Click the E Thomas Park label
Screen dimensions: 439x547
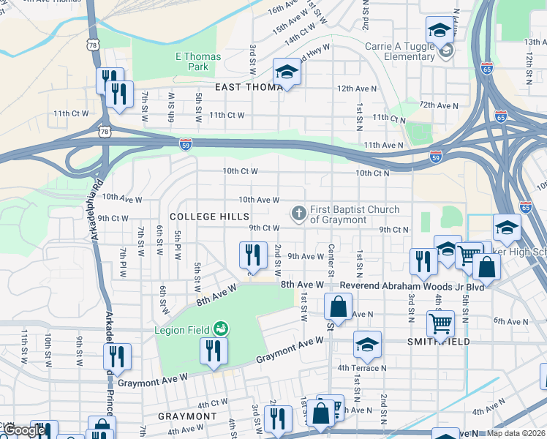192,61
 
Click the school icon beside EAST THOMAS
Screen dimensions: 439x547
287,72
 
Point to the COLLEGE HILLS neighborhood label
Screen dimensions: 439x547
209,217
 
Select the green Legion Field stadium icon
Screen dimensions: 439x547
220,330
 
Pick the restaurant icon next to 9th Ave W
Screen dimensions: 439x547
252,255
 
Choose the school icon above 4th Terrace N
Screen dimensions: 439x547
367,344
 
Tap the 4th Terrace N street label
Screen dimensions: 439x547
361,368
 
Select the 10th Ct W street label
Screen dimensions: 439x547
241,171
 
